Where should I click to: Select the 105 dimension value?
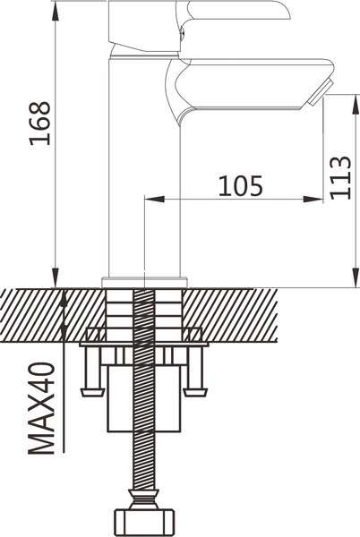(241, 186)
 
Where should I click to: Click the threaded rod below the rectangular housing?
(143, 456)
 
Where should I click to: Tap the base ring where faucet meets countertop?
(143, 281)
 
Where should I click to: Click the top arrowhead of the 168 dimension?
(56, 7)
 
